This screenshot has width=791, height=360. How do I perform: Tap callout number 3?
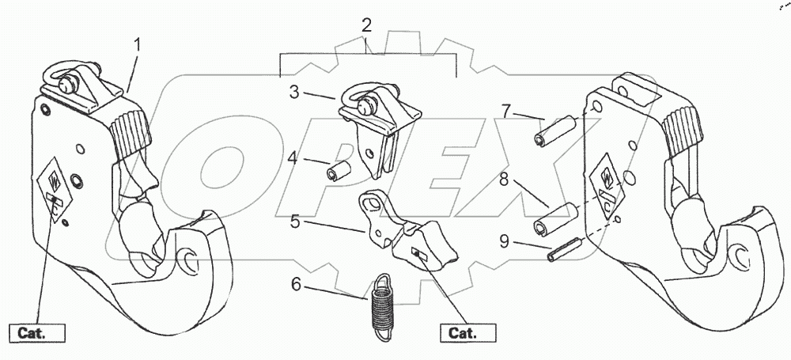point(295,93)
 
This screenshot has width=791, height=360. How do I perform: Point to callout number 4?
point(292,157)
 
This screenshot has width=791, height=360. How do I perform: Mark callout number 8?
point(505,180)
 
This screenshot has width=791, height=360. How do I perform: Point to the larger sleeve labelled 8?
point(557,219)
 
